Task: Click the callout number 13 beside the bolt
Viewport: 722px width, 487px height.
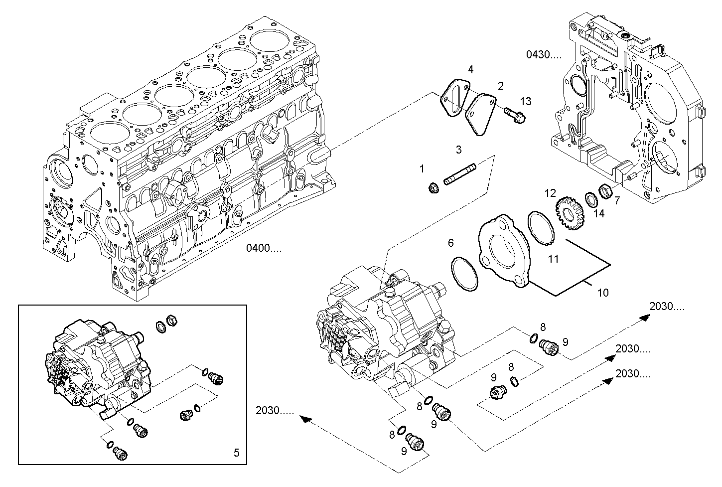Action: pyautogui.click(x=526, y=102)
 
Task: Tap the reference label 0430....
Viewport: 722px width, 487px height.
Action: pyautogui.click(x=544, y=54)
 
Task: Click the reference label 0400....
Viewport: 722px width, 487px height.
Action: pyautogui.click(x=264, y=248)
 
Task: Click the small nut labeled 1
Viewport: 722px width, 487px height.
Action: pyautogui.click(x=433, y=188)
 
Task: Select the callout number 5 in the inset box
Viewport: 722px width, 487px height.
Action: pyautogui.click(x=236, y=453)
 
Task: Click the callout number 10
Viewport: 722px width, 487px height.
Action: pyautogui.click(x=603, y=293)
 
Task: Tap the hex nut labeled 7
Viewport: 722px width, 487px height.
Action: pyautogui.click(x=605, y=190)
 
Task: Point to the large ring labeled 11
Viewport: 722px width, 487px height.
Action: pyautogui.click(x=541, y=228)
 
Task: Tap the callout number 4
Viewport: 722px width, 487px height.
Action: pyautogui.click(x=470, y=69)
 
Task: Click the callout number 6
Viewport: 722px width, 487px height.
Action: pyautogui.click(x=451, y=243)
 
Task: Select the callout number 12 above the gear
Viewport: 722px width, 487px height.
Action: pyautogui.click(x=550, y=193)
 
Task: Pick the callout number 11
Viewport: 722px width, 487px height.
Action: pyautogui.click(x=554, y=259)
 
